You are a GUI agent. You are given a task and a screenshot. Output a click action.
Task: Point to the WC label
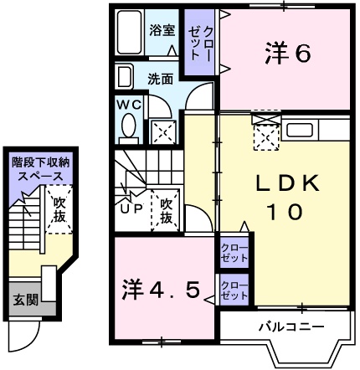(129, 105)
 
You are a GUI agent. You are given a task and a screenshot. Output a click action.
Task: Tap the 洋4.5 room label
(159, 290)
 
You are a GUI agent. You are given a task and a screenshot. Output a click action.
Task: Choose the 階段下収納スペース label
(40, 171)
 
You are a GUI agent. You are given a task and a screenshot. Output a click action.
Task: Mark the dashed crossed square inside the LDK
(266, 135)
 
